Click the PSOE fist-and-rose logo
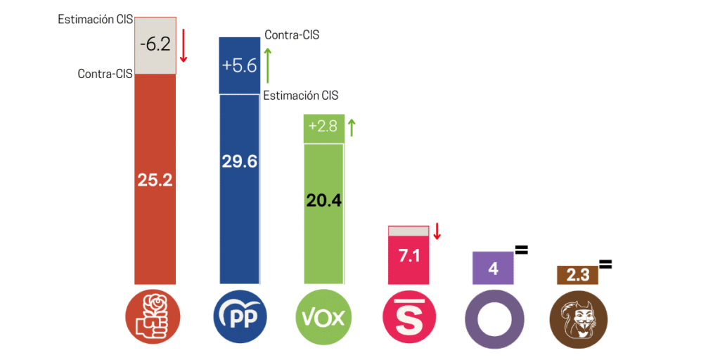pyautogui.click(x=153, y=318)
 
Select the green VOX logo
pyautogui.click(x=323, y=318)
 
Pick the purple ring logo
pyautogui.click(x=493, y=318)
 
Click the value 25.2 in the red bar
pyautogui.click(x=155, y=180)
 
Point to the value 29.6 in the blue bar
pyautogui.click(x=240, y=162)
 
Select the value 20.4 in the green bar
pyautogui.click(x=323, y=201)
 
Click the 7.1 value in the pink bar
pyautogui.click(x=409, y=256)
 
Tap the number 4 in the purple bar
pyautogui.click(x=493, y=269)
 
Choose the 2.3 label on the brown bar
pyautogui.click(x=577, y=275)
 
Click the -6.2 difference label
pyautogui.click(x=155, y=44)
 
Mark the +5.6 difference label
pyautogui.click(x=239, y=65)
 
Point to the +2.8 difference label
pyautogui.click(x=323, y=128)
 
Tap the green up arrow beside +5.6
pyautogui.click(x=267, y=65)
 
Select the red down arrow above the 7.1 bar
pyautogui.click(x=437, y=231)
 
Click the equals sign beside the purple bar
pyautogui.click(x=521, y=250)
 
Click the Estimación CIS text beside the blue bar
pyautogui.click(x=300, y=96)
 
